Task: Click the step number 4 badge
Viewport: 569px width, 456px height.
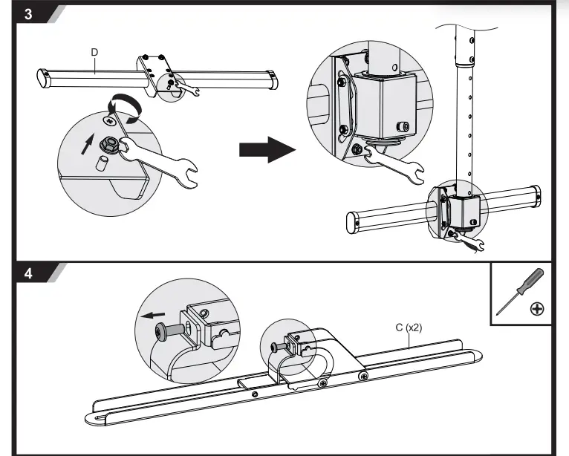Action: pyautogui.click(x=27, y=273)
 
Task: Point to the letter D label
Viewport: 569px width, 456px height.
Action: pyautogui.click(x=94, y=52)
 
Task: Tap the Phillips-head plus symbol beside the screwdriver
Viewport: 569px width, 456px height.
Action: pyautogui.click(x=536, y=308)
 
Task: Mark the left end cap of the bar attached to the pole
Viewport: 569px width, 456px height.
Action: pyautogui.click(x=354, y=222)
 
